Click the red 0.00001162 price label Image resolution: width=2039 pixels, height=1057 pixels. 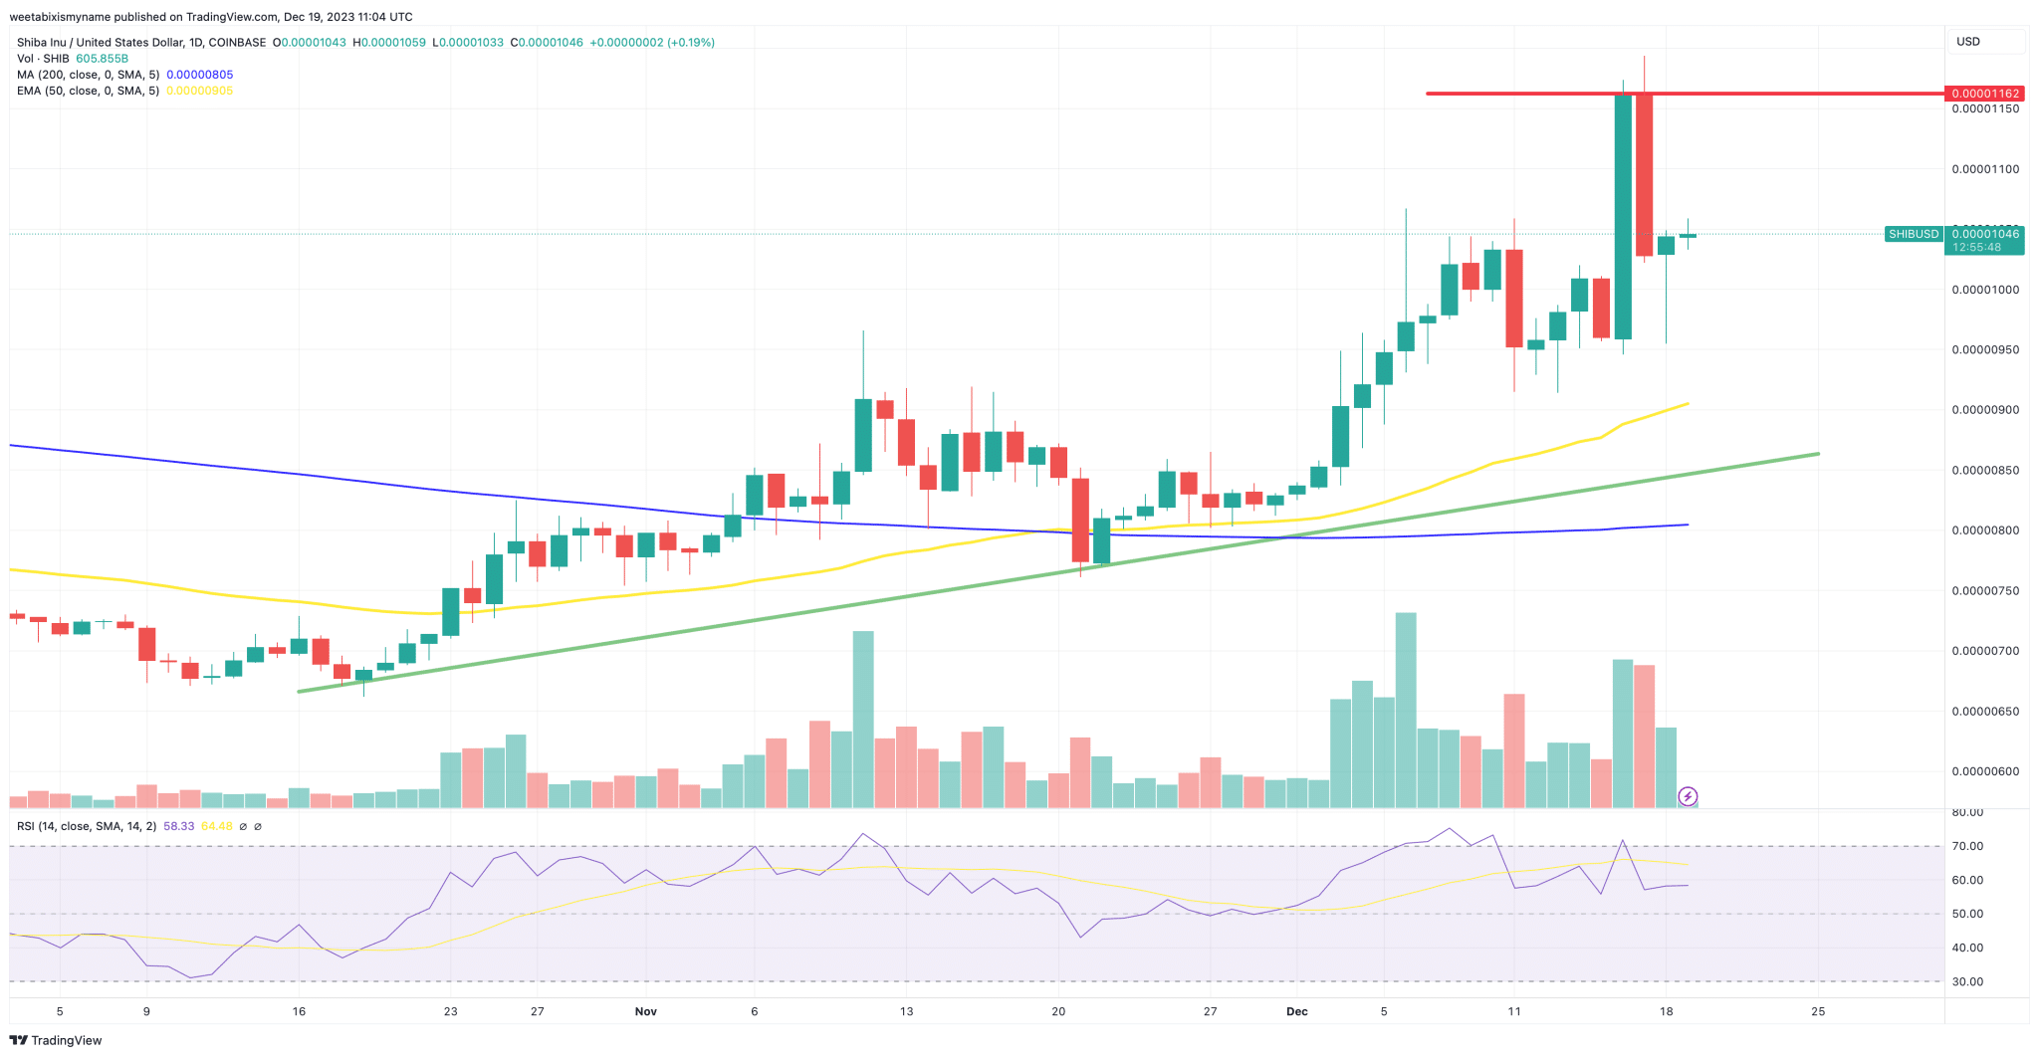(x=1984, y=94)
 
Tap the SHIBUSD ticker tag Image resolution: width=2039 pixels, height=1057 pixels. (x=1914, y=234)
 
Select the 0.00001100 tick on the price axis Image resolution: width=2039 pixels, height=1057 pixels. (x=1984, y=169)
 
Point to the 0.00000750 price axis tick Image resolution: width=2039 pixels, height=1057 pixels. (x=1984, y=591)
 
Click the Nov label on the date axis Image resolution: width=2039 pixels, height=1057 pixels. (x=646, y=1011)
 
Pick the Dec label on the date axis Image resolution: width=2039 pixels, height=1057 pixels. (x=1296, y=1011)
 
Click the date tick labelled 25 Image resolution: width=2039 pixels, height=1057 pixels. (x=1818, y=1011)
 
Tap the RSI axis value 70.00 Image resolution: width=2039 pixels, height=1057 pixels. (x=1967, y=846)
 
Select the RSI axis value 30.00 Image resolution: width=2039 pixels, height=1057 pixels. (x=1967, y=981)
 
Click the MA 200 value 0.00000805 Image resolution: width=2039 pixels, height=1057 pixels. (x=199, y=75)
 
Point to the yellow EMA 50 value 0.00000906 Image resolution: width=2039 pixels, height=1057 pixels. (x=199, y=91)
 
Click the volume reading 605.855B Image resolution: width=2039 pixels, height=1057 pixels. (x=102, y=59)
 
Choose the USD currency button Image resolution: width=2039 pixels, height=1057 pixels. (x=1968, y=42)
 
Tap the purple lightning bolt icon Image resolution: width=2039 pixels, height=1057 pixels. (x=1688, y=796)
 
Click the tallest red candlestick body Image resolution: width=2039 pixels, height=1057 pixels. (x=1644, y=175)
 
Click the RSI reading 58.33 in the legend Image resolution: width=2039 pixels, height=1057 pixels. (x=178, y=826)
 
